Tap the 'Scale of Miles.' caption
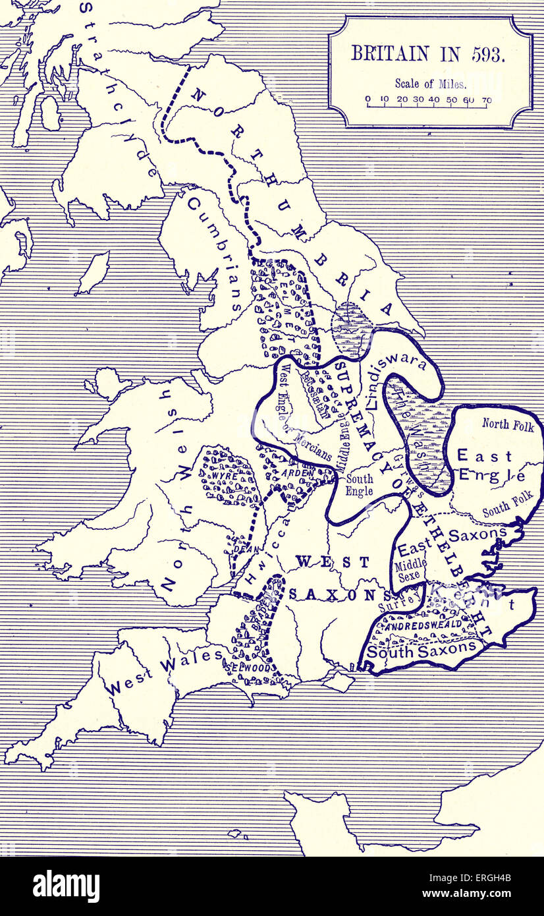point(430,84)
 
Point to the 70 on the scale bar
point(486,100)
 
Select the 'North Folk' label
point(504,424)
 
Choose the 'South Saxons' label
point(421,650)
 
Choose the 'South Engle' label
point(360,485)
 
